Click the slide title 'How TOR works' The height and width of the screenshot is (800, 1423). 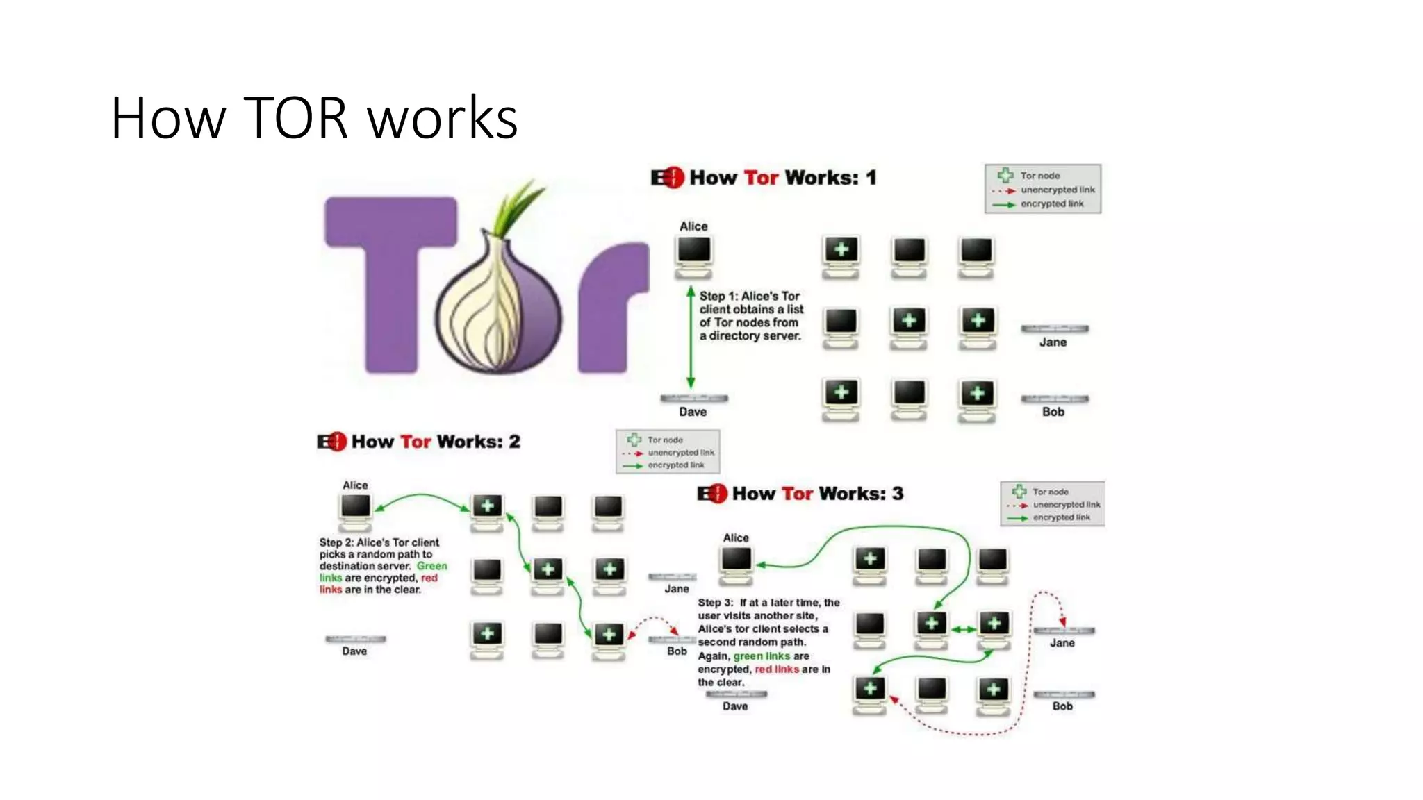pyautogui.click(x=314, y=118)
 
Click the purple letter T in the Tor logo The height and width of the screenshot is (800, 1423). pyautogui.click(x=390, y=278)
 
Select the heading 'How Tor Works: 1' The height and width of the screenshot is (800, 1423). pyautogui.click(x=764, y=178)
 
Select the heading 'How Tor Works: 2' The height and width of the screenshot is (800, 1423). pyautogui.click(x=419, y=442)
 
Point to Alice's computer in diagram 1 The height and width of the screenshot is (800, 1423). pyautogui.click(x=694, y=255)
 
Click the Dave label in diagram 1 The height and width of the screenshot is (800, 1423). pyautogui.click(x=693, y=412)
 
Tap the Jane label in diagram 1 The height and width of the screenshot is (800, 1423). pyautogui.click(x=1053, y=342)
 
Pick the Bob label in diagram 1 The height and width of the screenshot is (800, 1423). pyautogui.click(x=1053, y=412)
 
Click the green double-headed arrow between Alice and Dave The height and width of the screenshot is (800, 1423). pyautogui.click(x=691, y=337)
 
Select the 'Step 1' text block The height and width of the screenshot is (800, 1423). pyautogui.click(x=751, y=316)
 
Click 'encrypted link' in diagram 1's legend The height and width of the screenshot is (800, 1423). pyautogui.click(x=1052, y=204)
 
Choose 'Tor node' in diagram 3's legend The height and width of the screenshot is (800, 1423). pyautogui.click(x=1050, y=492)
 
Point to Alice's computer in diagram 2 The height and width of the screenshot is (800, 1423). pyautogui.click(x=356, y=510)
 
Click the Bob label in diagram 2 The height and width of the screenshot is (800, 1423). pyautogui.click(x=677, y=651)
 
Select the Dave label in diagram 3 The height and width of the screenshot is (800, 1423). pyautogui.click(x=735, y=706)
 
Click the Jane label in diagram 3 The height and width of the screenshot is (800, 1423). pyautogui.click(x=1062, y=643)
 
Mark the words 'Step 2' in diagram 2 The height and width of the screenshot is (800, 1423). pyautogui.click(x=336, y=542)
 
